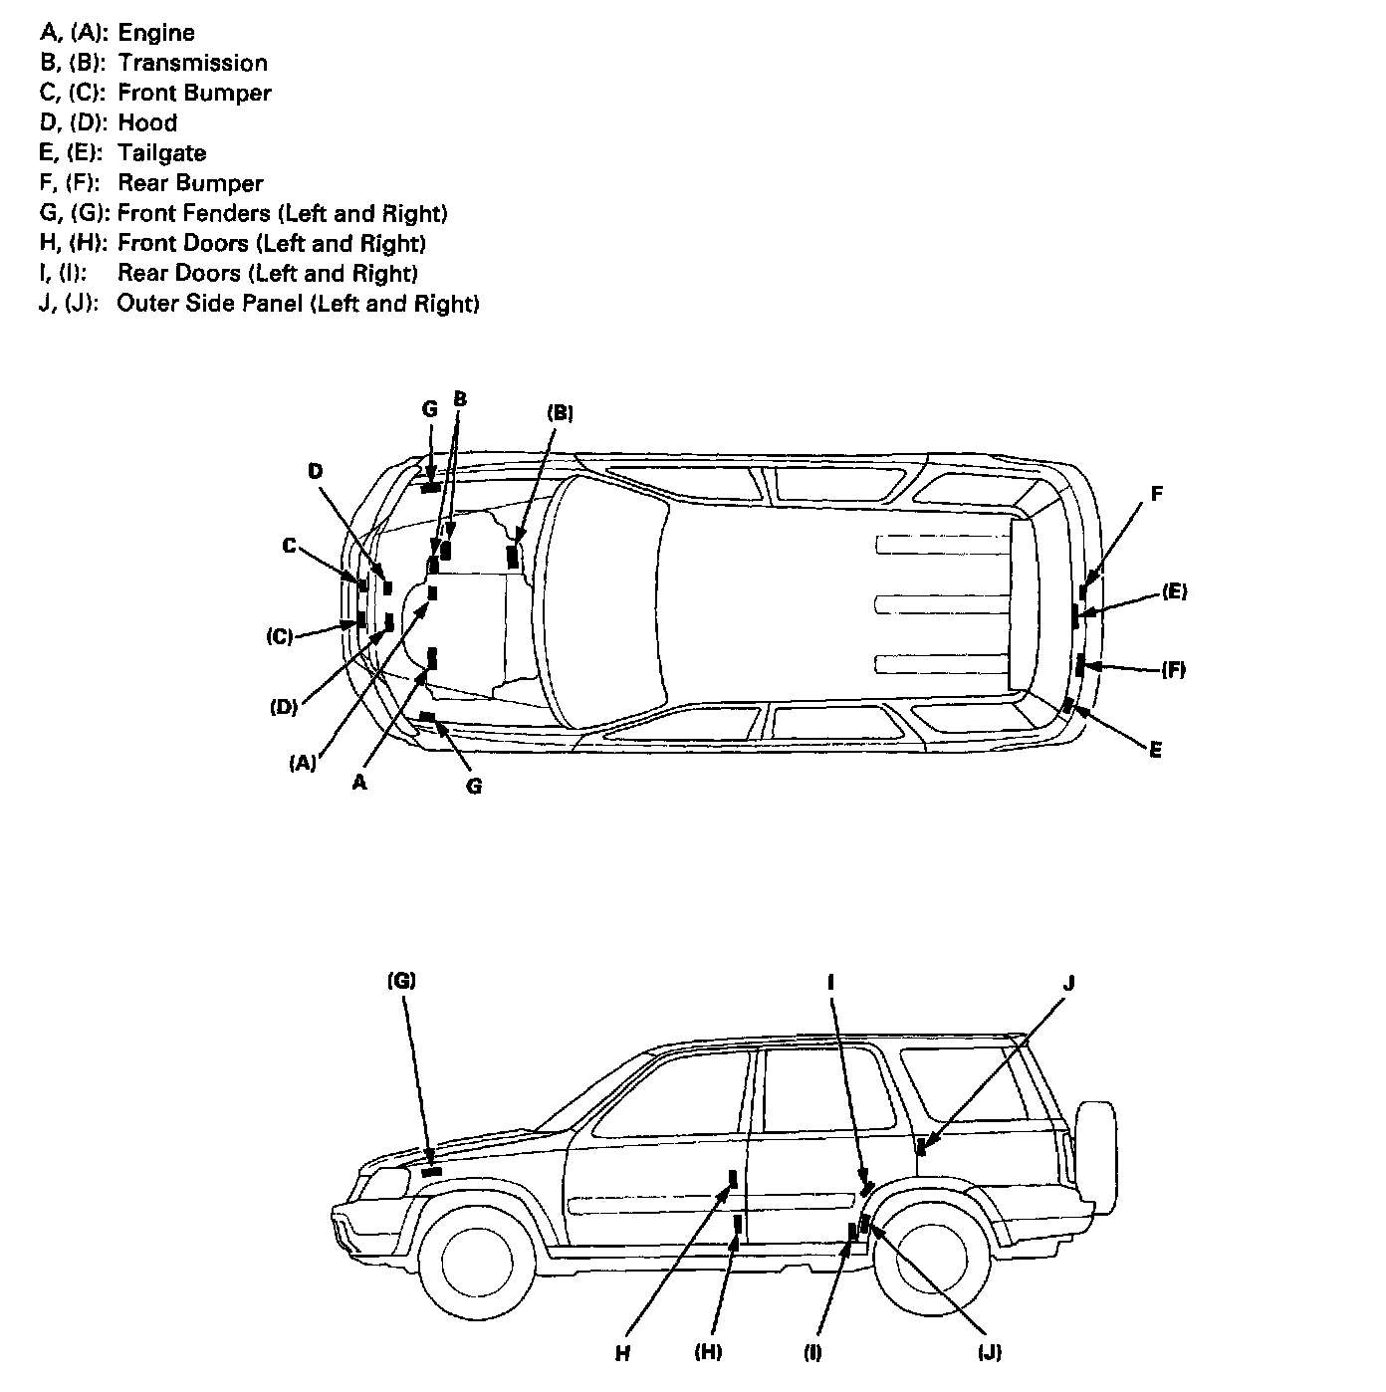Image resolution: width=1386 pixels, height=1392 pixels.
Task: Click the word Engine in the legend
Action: (x=155, y=33)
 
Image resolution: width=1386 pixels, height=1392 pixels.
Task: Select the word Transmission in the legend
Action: (x=192, y=63)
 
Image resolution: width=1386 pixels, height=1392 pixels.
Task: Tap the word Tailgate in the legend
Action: (x=161, y=153)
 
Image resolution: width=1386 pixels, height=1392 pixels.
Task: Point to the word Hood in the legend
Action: (x=147, y=123)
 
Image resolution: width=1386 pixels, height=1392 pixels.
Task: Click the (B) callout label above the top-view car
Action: (x=560, y=412)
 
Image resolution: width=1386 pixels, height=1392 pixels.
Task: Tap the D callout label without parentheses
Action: (x=316, y=470)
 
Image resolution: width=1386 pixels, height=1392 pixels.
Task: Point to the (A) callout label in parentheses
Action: (x=303, y=764)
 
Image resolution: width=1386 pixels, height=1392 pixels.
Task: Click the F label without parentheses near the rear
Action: (x=1157, y=493)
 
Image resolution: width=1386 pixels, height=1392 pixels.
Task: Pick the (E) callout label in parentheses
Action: (x=1174, y=591)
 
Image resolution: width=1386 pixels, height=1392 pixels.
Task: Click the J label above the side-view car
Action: (x=1069, y=984)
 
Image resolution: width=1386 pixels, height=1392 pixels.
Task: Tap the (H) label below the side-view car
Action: (x=708, y=1352)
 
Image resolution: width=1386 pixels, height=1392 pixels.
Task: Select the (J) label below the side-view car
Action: (x=989, y=1352)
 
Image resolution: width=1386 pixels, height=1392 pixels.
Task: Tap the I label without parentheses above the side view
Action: (x=830, y=982)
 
